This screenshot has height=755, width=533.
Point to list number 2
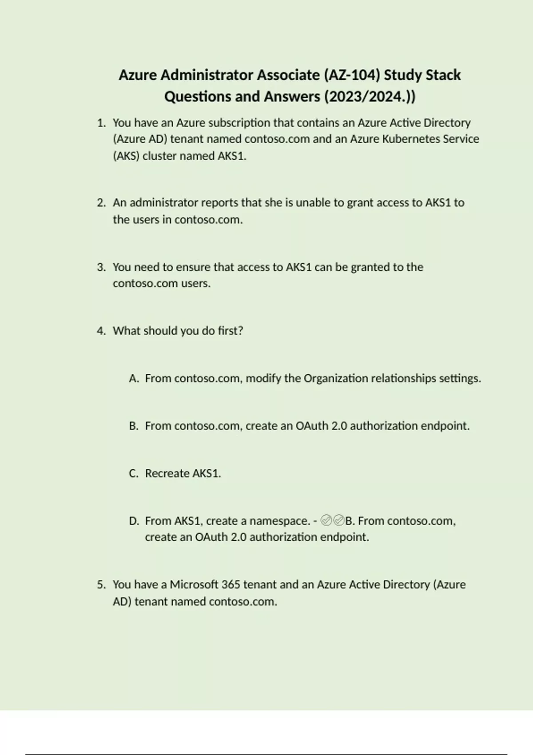pos(101,203)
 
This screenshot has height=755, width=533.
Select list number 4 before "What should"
pos(101,331)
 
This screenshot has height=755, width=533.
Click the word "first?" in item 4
pos(230,331)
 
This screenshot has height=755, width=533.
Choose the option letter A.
pos(134,378)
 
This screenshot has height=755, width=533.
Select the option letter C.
pos(134,473)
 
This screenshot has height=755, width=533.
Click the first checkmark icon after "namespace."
pos(326,520)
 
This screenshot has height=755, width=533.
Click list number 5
pos(101,584)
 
